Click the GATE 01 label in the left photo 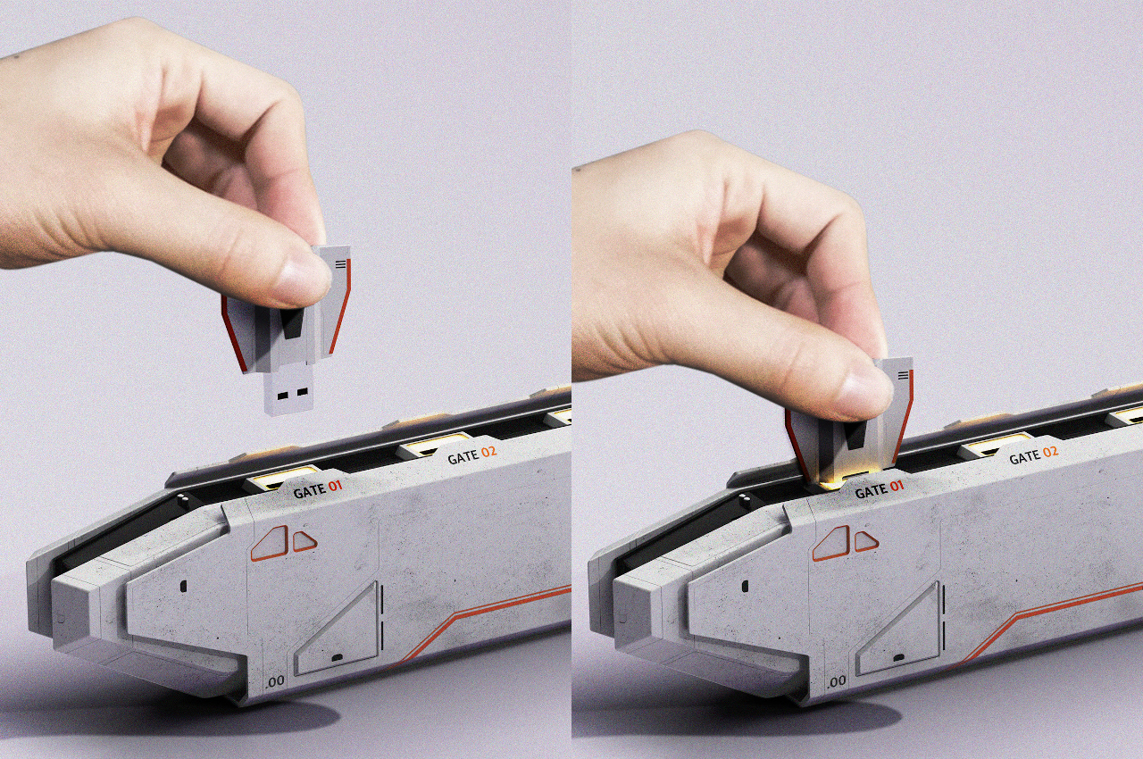tap(317, 489)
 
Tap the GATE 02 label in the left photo tap(472, 455)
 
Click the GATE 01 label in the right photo tap(880, 488)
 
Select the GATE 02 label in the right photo tap(1034, 455)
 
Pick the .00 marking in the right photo tap(837, 680)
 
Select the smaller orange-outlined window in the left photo tap(305, 541)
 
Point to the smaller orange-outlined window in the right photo tap(866, 541)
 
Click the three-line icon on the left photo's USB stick tap(342, 263)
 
